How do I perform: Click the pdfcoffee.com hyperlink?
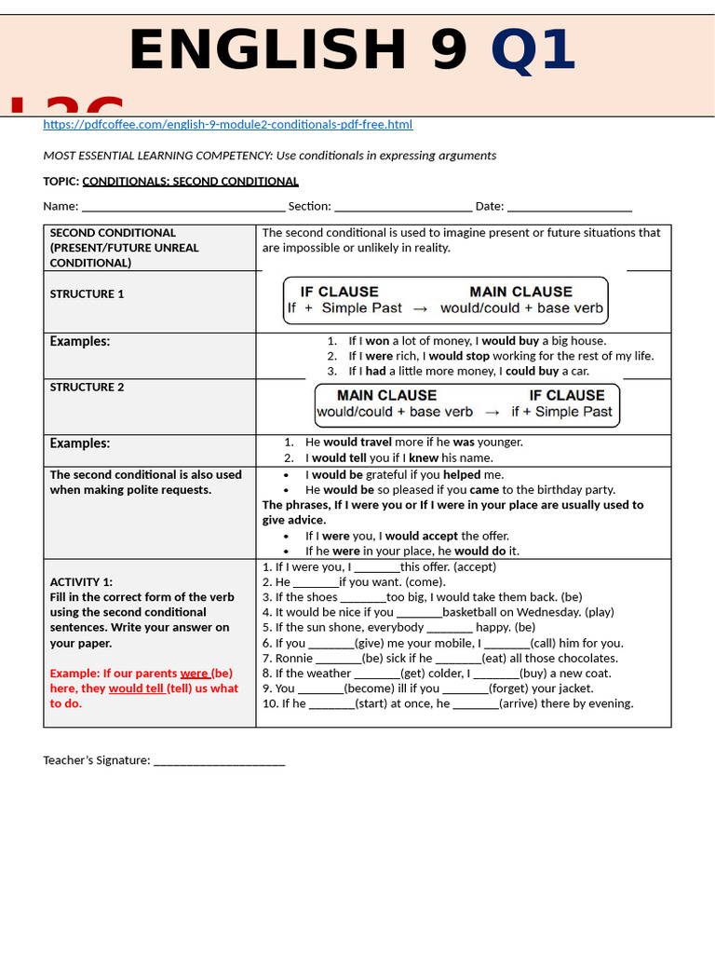coord(227,125)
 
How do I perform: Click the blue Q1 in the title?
coord(533,50)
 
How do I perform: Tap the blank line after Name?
coord(183,207)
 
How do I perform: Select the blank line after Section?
coord(402,207)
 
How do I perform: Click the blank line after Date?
coord(570,207)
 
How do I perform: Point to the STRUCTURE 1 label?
coord(87,294)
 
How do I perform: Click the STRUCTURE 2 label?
coord(87,388)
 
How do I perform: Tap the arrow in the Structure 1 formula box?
coord(421,308)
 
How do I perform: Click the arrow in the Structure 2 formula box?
coord(492,412)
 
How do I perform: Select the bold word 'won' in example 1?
coord(377,341)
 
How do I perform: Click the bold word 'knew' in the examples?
coord(424,458)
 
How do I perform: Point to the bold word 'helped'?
coord(462,475)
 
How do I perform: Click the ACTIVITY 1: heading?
coord(81,582)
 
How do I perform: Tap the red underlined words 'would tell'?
coord(136,688)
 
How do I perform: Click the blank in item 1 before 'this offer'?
coord(377,567)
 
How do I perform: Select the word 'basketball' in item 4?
coord(471,613)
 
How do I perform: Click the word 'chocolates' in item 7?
coord(586,659)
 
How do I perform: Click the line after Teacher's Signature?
coord(219,761)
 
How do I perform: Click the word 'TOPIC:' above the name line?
coord(61,182)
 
